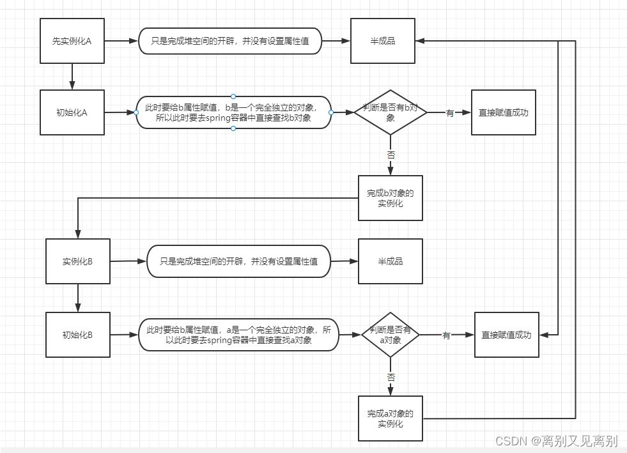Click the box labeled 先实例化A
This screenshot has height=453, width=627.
pos(72,41)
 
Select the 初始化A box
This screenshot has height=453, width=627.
pos(72,112)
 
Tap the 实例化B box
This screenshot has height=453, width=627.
pos(78,261)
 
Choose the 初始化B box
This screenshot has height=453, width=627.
pos(78,334)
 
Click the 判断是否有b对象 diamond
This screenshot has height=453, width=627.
pos(390,112)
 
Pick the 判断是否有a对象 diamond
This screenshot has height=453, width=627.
pos(391,335)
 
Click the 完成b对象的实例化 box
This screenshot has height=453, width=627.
pos(390,198)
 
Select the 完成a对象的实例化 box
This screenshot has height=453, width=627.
pos(390,418)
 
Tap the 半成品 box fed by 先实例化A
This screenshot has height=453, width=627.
pos(383,41)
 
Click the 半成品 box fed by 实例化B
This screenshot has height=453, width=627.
pos(391,261)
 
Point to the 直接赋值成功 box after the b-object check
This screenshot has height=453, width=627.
pos(504,112)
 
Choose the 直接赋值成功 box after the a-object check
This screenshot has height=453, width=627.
pos(506,335)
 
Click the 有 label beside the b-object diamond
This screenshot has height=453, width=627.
pos(450,113)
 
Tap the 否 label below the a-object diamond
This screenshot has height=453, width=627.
pos(391,378)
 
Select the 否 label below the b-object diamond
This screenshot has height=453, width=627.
pos(391,155)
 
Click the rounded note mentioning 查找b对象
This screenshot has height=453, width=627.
pos(233,112)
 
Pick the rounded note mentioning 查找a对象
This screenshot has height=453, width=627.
pos(238,335)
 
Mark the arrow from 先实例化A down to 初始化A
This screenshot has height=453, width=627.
pos(72,77)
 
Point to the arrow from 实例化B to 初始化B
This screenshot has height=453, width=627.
pos(78,298)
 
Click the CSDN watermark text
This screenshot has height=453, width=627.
pos(556,441)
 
